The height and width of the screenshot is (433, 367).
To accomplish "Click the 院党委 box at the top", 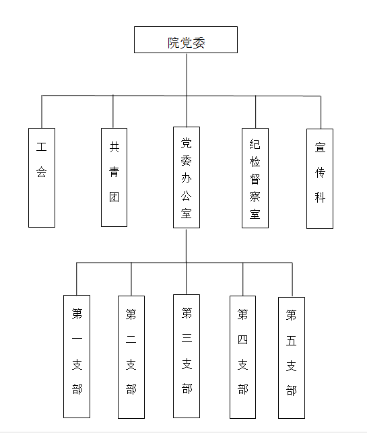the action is point(186,40).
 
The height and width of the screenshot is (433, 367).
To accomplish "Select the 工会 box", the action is point(42,178).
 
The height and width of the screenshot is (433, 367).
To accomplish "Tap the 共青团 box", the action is point(114,177).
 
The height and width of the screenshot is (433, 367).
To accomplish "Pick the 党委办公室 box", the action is point(187,177).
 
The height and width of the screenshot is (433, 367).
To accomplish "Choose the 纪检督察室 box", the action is point(255,178).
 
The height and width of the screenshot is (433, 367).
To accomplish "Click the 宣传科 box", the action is point(320,178).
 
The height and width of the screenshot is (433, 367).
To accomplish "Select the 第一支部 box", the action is point(77,356).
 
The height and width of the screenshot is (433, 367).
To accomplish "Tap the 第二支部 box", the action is point(131,357).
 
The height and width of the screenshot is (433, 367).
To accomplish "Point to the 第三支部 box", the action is point(187,356).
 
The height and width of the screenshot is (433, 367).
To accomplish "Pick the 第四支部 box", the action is point(242,357).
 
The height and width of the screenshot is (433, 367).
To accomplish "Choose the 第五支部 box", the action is point(292,358).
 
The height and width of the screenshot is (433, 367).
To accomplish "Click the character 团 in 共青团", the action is point(114,197).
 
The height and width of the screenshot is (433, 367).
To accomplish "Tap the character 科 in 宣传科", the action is point(320,197).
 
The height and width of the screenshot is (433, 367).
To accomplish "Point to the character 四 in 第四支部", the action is point(242,339).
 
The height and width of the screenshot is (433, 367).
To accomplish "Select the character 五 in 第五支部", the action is point(292,341).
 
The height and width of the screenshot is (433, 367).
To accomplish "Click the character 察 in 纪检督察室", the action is point(255,197).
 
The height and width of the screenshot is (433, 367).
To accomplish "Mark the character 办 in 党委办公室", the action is point(186,178).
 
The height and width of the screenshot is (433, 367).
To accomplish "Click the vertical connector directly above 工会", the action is point(42,112).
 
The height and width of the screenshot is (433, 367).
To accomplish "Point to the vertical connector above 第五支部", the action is point(292,279).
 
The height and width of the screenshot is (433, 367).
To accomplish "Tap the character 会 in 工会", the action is point(42,172).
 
